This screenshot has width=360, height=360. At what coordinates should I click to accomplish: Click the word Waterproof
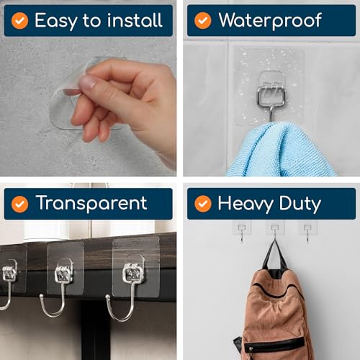[x=269, y=20]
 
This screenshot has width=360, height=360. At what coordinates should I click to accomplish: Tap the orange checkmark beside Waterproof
[x=203, y=20]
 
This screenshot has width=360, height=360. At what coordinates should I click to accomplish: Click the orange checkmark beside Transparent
[x=19, y=204]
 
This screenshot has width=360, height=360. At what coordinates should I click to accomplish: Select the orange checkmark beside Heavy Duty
[x=203, y=204]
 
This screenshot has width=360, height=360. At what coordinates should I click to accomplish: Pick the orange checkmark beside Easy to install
[x=19, y=20]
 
